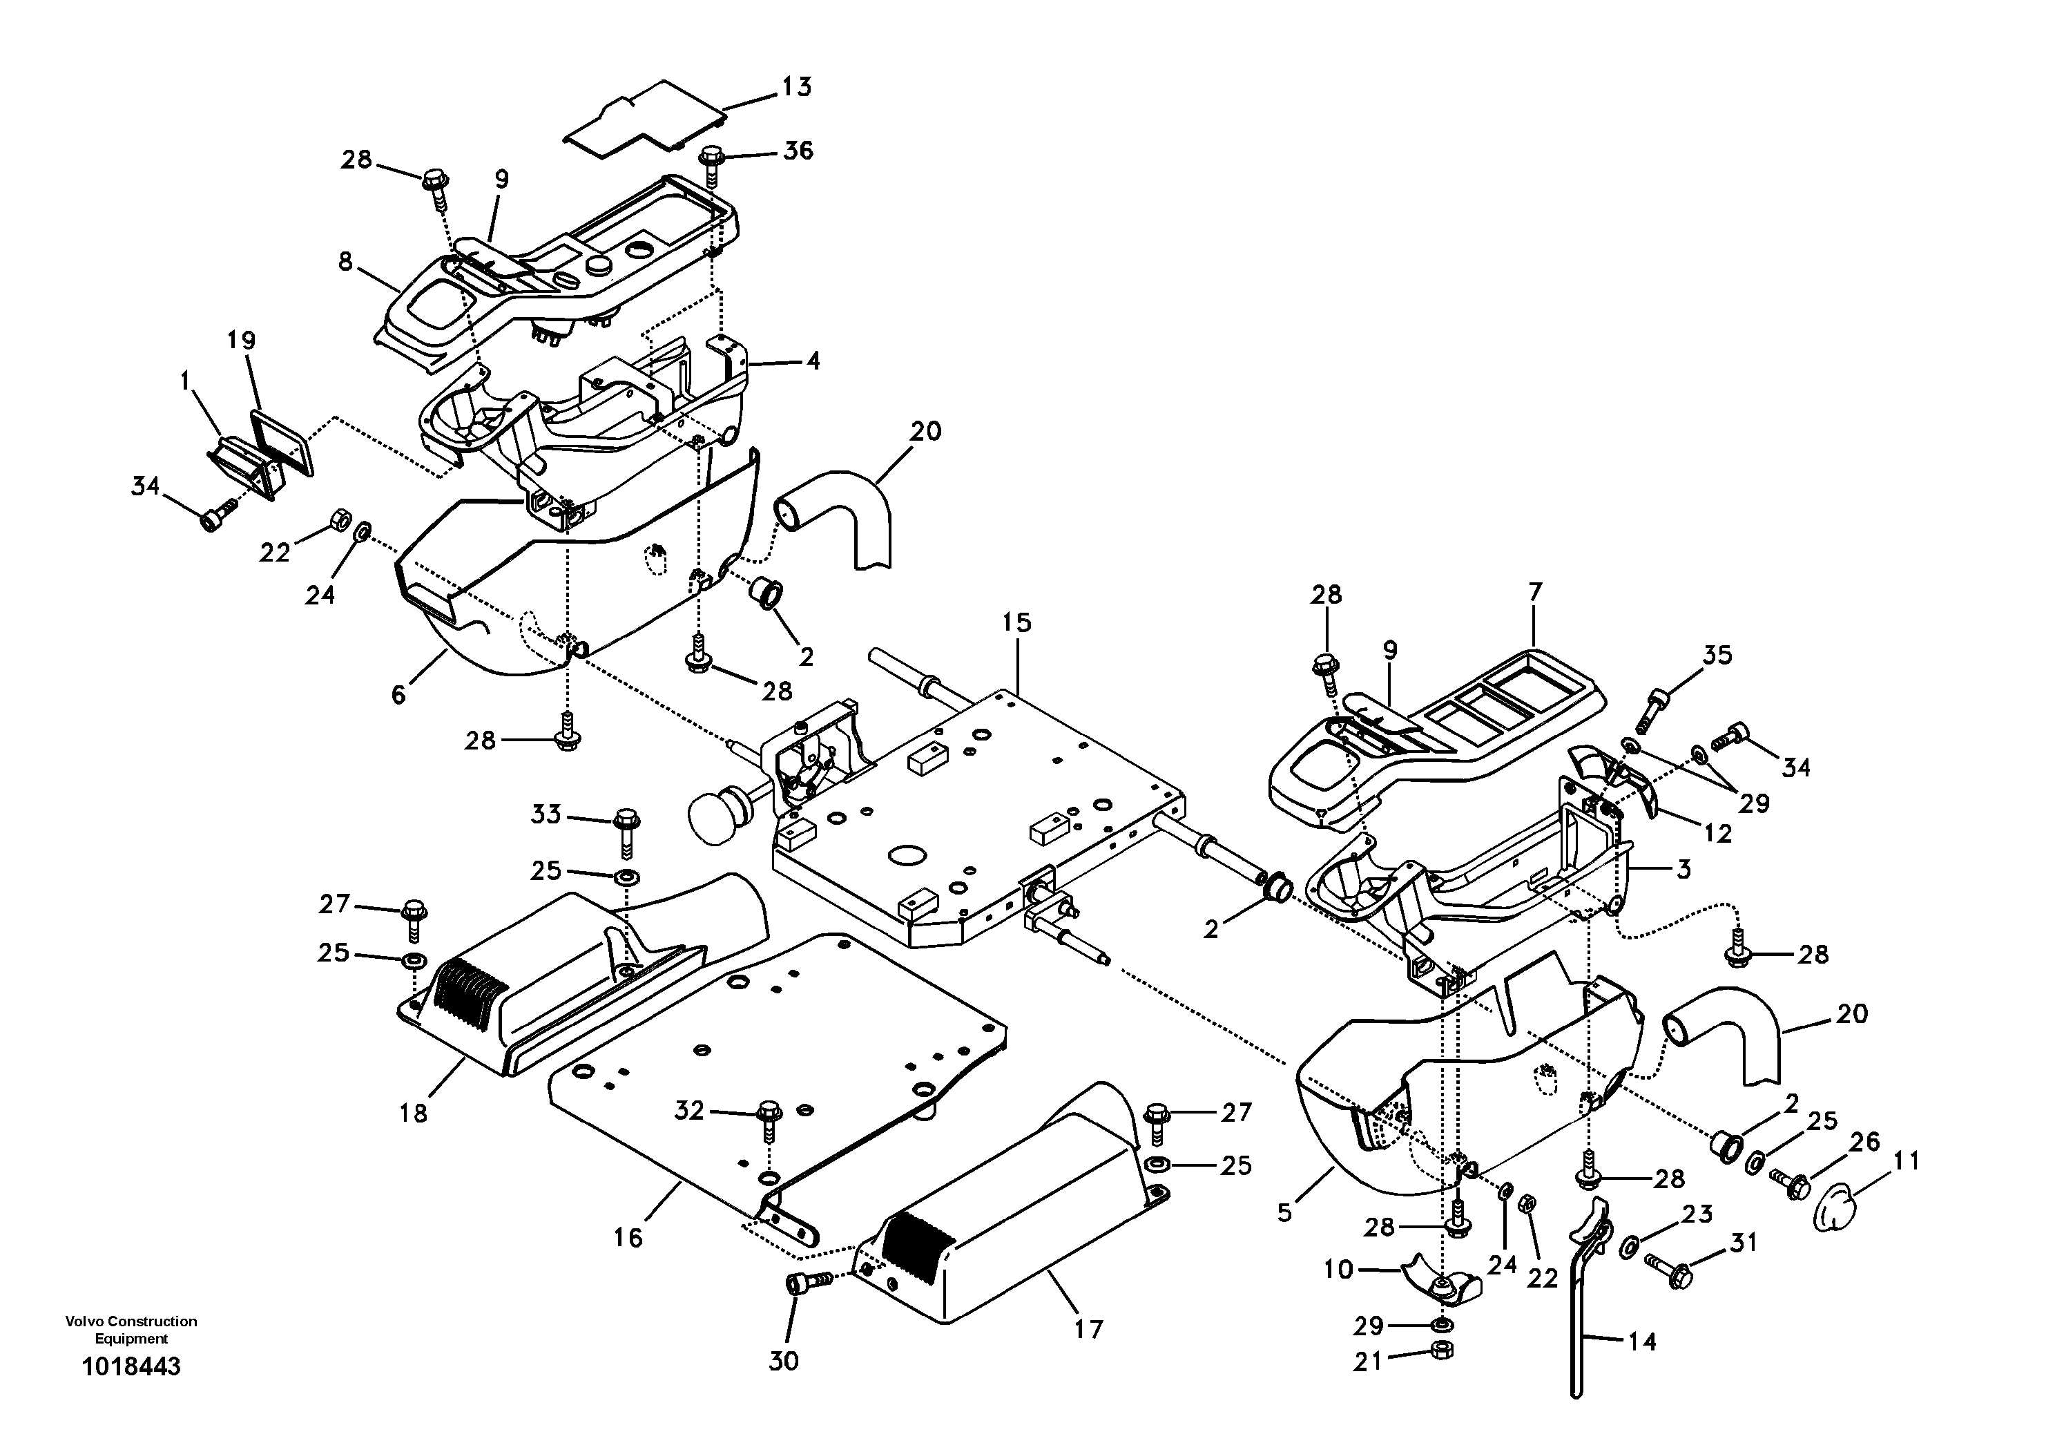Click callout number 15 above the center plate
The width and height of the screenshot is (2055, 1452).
coord(1016,622)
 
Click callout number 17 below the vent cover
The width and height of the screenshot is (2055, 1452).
coord(1088,1329)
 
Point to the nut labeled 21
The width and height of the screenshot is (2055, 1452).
coord(1442,1350)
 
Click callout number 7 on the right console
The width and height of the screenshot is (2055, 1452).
coord(1535,592)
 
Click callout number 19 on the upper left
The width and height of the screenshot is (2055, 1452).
coord(241,340)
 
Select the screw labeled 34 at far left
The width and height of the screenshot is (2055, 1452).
coord(215,515)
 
